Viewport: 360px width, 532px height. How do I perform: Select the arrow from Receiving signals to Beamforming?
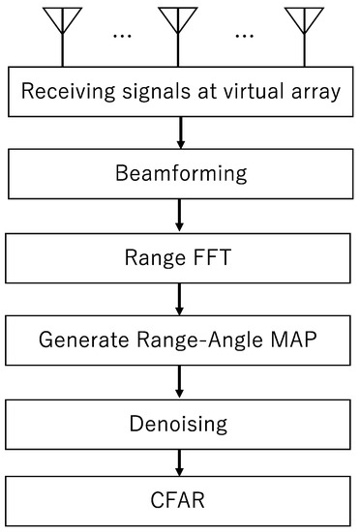(x=181, y=132)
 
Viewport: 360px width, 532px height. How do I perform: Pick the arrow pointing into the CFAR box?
(x=181, y=462)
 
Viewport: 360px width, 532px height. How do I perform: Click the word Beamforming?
(x=181, y=176)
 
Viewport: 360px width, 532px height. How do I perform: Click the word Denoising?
(x=181, y=424)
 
